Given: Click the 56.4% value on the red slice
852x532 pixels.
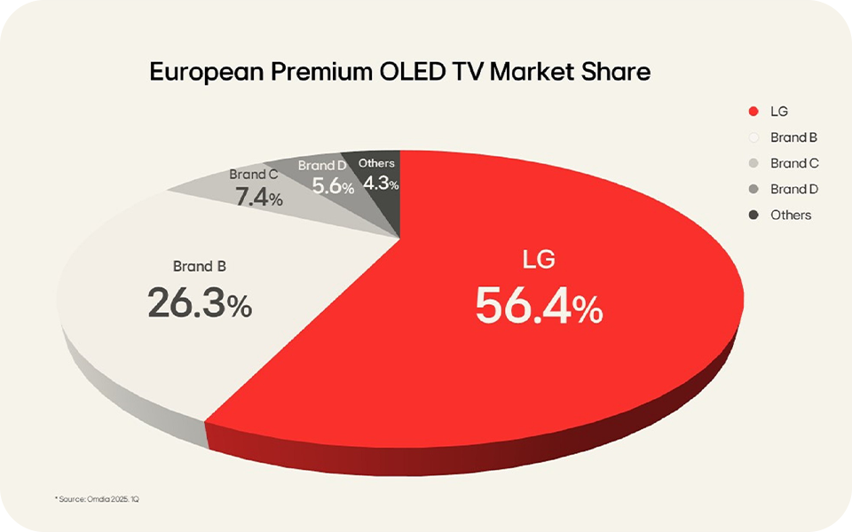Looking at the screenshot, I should (x=539, y=307).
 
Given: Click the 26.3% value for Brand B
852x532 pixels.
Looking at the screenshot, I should (x=200, y=304).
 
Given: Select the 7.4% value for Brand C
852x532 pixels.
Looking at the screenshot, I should (x=258, y=197).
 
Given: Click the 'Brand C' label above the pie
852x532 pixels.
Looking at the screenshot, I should (x=254, y=176).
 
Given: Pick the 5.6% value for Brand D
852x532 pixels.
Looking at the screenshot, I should (x=333, y=186).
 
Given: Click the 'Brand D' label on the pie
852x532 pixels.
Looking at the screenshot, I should (x=322, y=166).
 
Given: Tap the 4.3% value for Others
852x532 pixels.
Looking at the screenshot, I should (x=381, y=184).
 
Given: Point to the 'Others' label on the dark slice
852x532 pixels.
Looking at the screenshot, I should (x=376, y=163).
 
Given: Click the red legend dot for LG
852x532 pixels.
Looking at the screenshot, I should (x=753, y=112).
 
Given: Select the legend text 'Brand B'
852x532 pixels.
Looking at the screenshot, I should (x=793, y=137).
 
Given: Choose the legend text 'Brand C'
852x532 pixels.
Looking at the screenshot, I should (x=793, y=163).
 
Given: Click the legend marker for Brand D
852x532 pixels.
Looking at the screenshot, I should (x=753, y=189).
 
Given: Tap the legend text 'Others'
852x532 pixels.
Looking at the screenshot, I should (x=791, y=215).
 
